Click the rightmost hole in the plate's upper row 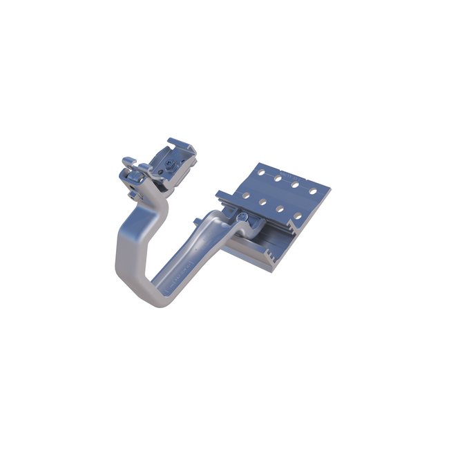pos(312,191)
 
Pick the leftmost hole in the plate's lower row pos(246,196)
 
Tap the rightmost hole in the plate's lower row pos(297,216)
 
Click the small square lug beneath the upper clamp pos(133,194)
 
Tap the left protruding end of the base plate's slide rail pos(220,195)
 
